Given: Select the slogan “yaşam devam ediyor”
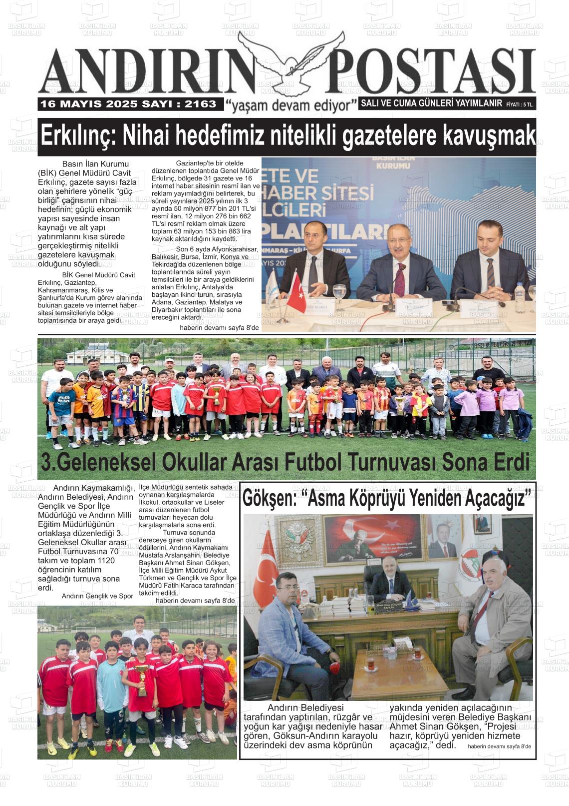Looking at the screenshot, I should [x=291, y=105].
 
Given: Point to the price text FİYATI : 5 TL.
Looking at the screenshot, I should [x=520, y=104].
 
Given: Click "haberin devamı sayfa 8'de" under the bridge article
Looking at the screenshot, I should [x=499, y=747].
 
